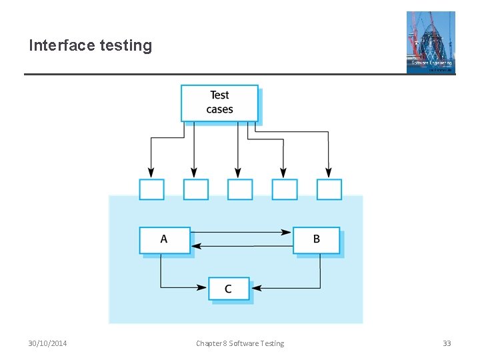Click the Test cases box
pos(219,103)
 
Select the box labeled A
pos(164,240)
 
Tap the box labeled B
pos(317,240)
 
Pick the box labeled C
pos(229,289)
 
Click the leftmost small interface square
pos(151,189)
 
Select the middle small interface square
pos(240,189)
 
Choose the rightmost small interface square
pos(329,189)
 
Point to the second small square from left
pos(195,189)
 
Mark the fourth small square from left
pos(285,189)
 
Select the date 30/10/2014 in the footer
pos(47,343)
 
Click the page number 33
pos(447,343)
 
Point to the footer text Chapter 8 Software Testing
pos(240,343)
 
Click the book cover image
pos(431,41)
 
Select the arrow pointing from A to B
pos(241,232)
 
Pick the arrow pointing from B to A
pos(241,246)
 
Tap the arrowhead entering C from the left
pos(203,288)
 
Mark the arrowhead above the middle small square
pos(238,173)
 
